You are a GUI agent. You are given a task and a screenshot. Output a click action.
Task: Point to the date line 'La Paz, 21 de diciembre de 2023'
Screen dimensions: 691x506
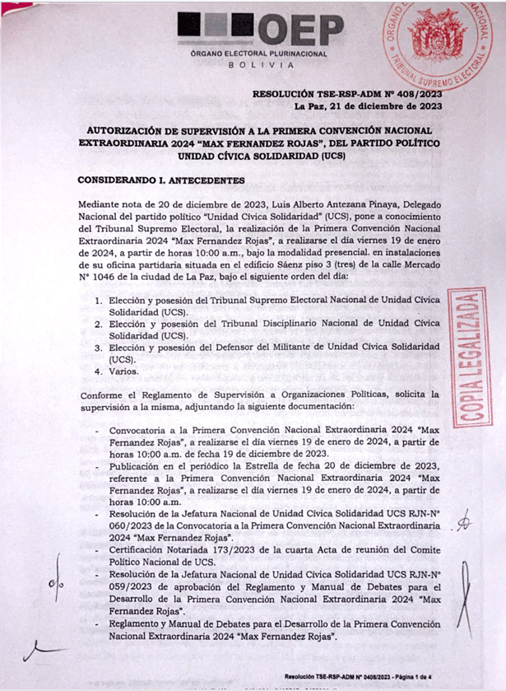(366, 107)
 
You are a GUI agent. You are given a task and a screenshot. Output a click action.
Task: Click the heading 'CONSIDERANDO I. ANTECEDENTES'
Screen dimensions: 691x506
(160, 180)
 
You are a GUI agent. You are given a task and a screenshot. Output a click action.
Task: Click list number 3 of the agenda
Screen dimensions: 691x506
(99, 348)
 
